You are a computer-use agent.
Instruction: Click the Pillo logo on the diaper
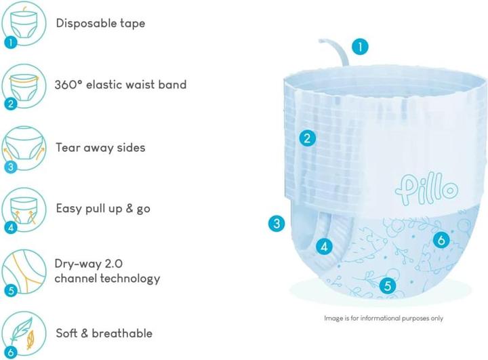[x=426, y=188]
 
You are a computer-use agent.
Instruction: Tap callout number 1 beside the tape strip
[x=360, y=47]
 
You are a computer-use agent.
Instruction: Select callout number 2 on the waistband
[x=308, y=138]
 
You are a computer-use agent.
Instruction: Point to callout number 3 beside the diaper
[x=277, y=223]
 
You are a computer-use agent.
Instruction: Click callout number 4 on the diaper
[x=324, y=247]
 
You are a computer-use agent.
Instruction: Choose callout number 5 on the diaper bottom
[x=388, y=285]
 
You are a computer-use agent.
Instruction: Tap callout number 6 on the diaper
[x=441, y=240]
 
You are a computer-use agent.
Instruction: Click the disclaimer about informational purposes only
[x=384, y=318]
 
